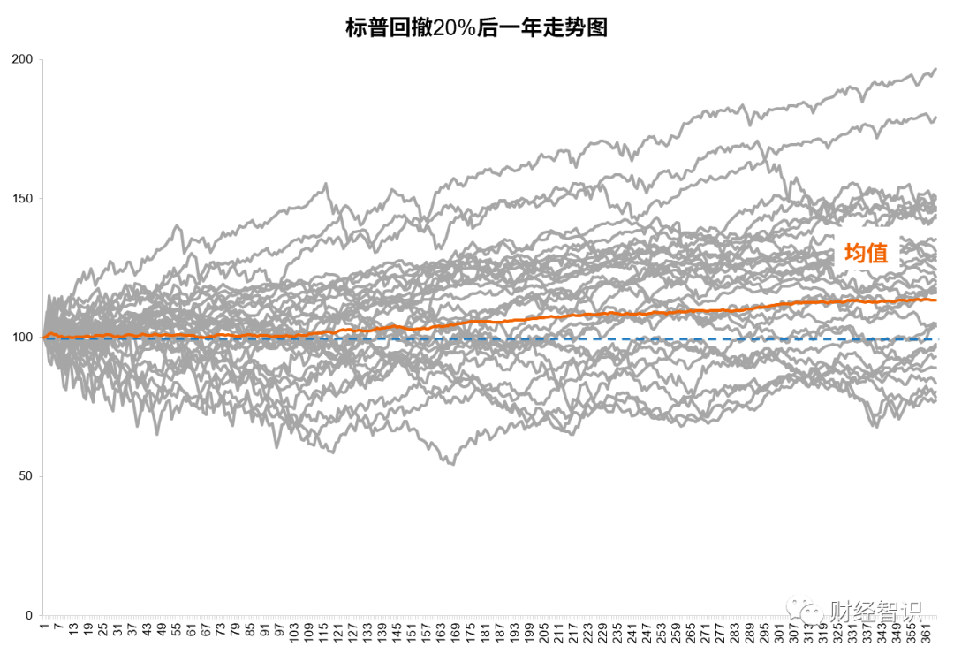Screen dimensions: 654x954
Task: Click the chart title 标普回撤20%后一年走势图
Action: pos(477,28)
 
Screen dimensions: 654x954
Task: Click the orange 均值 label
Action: pos(866,254)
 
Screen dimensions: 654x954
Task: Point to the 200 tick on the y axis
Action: pos(22,59)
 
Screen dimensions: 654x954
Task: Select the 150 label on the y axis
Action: pos(22,198)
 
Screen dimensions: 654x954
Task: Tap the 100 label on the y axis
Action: pos(22,338)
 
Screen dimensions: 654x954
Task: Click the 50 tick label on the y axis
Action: pos(26,476)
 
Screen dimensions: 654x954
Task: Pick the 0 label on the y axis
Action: pos(29,615)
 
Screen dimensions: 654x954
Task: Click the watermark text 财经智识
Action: pos(874,611)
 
